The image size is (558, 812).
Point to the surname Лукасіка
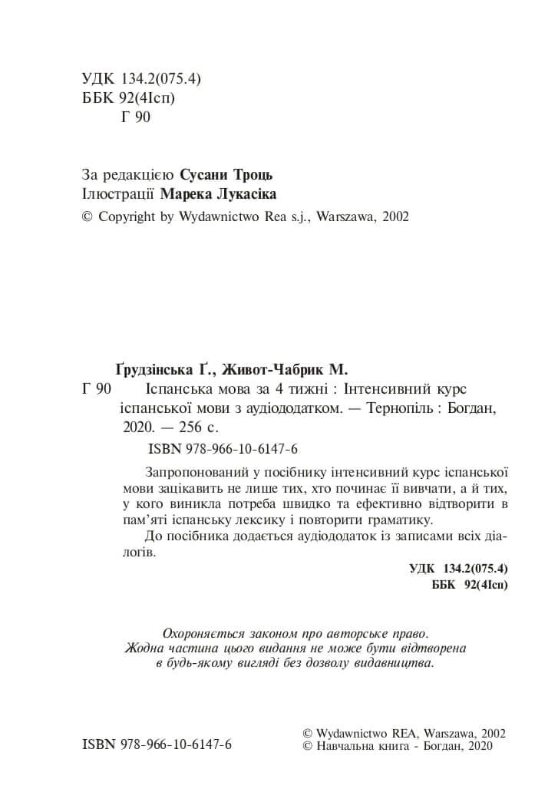pos(243,195)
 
